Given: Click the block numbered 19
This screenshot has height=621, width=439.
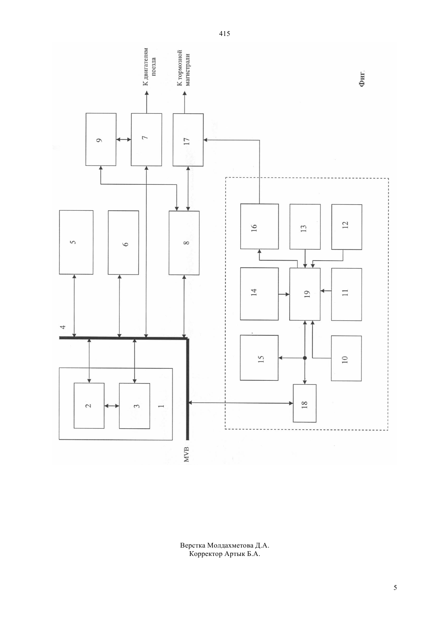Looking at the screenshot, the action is [x=305, y=294].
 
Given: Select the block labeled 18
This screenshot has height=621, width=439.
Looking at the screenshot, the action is [x=305, y=403].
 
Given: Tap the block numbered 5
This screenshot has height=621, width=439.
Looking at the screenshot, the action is [x=76, y=242].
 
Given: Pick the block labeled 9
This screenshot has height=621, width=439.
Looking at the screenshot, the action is [x=101, y=139].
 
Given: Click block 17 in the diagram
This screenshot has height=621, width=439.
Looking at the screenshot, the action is [x=188, y=140].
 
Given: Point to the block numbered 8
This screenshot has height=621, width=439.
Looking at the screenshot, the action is [x=184, y=243].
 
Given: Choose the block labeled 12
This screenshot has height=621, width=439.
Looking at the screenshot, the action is [x=347, y=227].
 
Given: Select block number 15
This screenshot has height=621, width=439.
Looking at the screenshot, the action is [x=259, y=358].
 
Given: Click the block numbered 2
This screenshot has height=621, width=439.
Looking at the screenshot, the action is [x=89, y=405].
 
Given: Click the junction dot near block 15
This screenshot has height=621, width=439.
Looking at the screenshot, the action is [x=305, y=358].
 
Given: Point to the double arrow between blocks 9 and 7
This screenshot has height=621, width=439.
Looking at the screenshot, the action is [x=124, y=139].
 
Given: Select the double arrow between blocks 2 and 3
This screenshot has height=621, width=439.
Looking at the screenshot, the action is [x=112, y=406].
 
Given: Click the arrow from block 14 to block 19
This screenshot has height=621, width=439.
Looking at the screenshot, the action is [x=284, y=294].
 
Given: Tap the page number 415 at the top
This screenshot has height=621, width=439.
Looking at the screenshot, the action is [x=224, y=34].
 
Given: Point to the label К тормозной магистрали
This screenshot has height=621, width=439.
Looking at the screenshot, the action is [x=184, y=68].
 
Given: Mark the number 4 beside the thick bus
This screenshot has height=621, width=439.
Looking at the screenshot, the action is [x=63, y=327].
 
